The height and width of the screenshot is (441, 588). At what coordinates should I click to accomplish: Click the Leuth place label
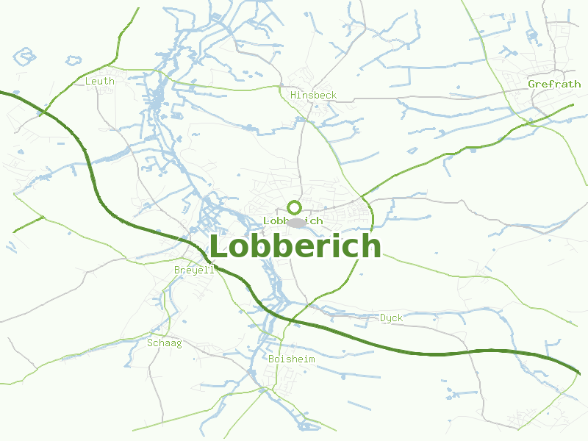pyautogui.click(x=100, y=81)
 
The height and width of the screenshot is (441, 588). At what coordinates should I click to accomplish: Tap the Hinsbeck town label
pyautogui.click(x=313, y=96)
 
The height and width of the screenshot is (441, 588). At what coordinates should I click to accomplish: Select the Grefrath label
pyautogui.click(x=554, y=84)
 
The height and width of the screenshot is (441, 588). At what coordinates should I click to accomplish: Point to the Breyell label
pyautogui.click(x=194, y=270)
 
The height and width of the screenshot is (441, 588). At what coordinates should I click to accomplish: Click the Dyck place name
pyautogui.click(x=391, y=318)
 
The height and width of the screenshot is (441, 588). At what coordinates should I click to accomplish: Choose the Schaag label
pyautogui.click(x=165, y=343)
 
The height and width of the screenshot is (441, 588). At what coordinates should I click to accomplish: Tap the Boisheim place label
pyautogui.click(x=292, y=359)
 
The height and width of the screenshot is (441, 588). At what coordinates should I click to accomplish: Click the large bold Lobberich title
pyautogui.click(x=295, y=246)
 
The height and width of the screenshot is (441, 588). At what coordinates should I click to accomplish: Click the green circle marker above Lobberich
pyautogui.click(x=295, y=207)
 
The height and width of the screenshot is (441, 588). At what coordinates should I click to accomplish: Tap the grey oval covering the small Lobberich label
pyautogui.click(x=296, y=222)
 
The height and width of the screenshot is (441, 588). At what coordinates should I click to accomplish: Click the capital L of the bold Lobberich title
pyautogui.click(x=218, y=247)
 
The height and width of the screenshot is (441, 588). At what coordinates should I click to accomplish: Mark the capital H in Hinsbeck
pyautogui.click(x=294, y=96)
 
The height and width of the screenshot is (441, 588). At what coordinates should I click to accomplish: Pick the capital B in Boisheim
pyautogui.click(x=272, y=359)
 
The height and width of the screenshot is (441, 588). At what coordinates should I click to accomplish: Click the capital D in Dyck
pyautogui.click(x=383, y=318)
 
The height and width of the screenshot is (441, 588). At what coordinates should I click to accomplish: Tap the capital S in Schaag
pyautogui.click(x=151, y=343)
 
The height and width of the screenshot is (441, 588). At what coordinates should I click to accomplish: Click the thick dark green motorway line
pyautogui.click(x=441, y=354)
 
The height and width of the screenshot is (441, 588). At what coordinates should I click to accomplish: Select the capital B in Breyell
pyautogui.click(x=177, y=270)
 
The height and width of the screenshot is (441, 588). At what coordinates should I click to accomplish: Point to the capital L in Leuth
pyautogui.click(x=88, y=81)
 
